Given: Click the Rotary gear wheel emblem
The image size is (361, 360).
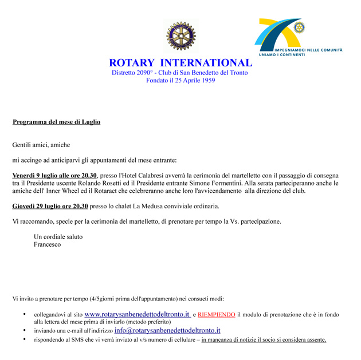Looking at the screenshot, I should pos(180,36).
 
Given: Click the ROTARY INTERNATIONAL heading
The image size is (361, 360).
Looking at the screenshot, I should pos(180,63).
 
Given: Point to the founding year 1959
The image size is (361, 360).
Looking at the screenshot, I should pos(205,81).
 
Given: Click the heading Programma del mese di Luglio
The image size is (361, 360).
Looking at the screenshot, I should pos(57,122).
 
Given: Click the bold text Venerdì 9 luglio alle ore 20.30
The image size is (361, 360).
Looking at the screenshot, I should pos(55,176).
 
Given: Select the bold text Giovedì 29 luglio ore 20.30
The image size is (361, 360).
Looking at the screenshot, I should pos(50,206).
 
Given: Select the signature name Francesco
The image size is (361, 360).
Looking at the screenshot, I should pos(48,244).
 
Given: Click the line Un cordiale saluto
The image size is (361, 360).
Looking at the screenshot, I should pos(58,236).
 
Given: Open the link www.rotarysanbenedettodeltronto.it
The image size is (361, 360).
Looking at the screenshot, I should pos(137,314).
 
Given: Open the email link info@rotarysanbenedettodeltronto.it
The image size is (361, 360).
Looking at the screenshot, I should pos(167,330).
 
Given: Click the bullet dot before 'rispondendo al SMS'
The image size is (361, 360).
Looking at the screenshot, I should pos(24,339).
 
